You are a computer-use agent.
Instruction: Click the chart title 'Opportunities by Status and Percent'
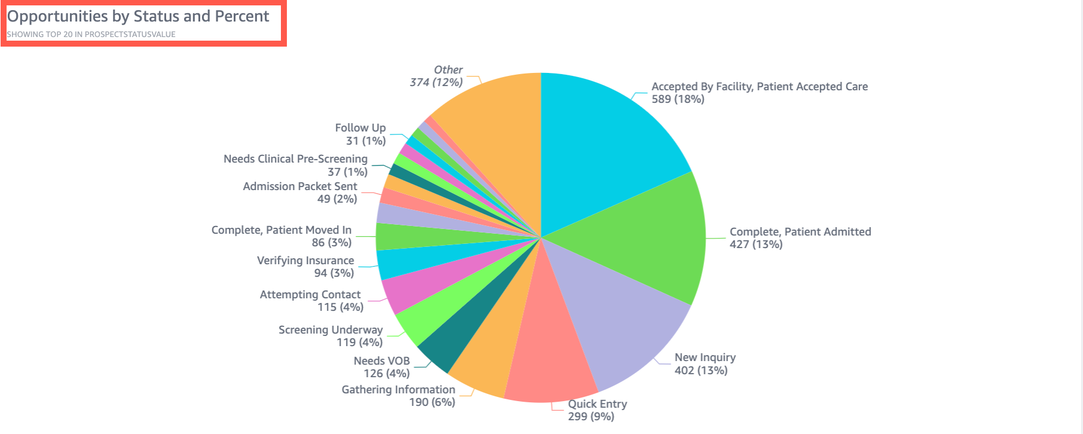click(x=138, y=16)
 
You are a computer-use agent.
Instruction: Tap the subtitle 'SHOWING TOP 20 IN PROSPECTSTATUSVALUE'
click(x=91, y=35)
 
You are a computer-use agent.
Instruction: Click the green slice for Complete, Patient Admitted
click(x=645, y=239)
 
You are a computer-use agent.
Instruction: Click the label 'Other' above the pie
click(x=448, y=70)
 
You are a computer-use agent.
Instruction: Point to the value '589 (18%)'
click(x=678, y=99)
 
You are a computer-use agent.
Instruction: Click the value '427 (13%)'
click(x=755, y=244)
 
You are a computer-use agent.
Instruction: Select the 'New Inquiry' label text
click(x=705, y=357)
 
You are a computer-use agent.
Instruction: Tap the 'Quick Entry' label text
click(x=597, y=404)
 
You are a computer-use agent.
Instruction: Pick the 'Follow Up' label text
click(x=360, y=128)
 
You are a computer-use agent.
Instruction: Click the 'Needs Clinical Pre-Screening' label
click(x=295, y=159)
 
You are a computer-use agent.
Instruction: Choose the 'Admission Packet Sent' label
click(x=299, y=187)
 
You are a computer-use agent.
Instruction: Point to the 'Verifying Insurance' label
click(x=305, y=261)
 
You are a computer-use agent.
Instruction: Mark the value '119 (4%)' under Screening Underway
click(x=359, y=343)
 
